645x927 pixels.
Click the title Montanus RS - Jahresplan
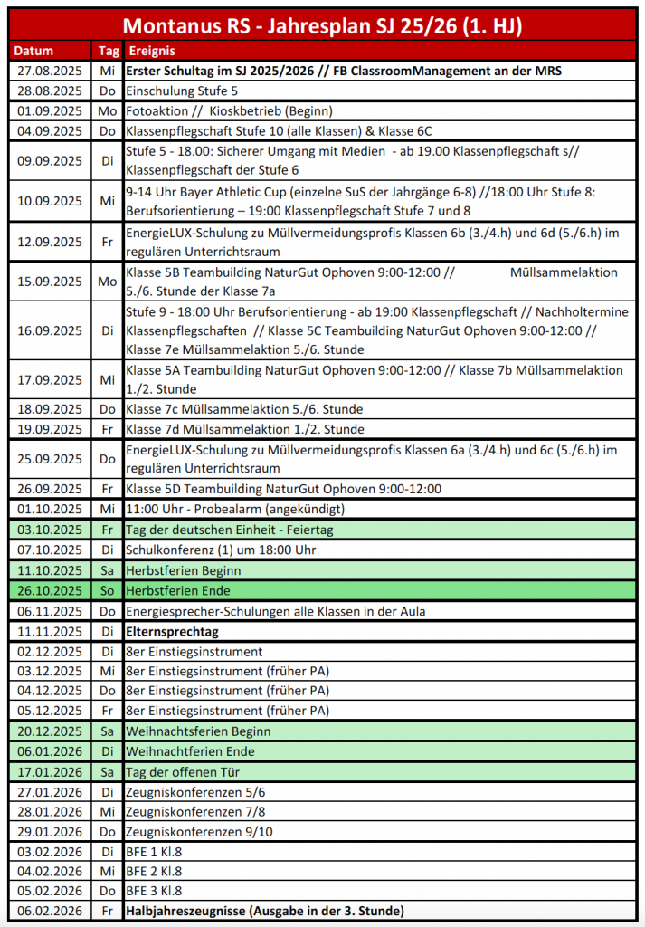[x=322, y=24]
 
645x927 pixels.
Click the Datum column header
[x=34, y=51]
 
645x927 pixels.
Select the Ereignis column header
[x=151, y=51]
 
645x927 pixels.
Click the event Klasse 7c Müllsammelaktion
[x=245, y=409]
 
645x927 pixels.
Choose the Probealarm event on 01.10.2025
[x=235, y=510]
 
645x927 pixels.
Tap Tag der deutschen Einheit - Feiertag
[x=230, y=530]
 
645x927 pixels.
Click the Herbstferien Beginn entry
[x=183, y=570]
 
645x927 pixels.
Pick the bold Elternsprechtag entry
[x=172, y=632]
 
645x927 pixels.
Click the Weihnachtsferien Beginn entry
[x=198, y=731]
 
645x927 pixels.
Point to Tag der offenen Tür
[x=183, y=772]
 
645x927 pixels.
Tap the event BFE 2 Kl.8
[x=154, y=872]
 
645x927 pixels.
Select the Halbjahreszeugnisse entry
[x=264, y=911]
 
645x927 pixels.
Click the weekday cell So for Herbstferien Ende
[x=108, y=591]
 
